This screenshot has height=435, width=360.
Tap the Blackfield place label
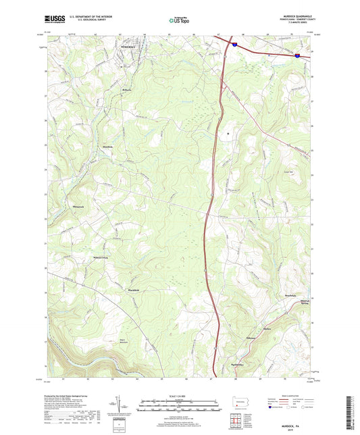[133, 290]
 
